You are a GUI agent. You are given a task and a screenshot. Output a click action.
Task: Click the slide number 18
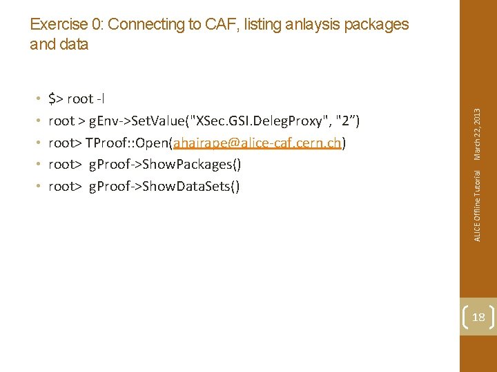pyautogui.click(x=478, y=316)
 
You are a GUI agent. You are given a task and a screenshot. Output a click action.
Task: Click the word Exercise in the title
pyautogui.click(x=59, y=25)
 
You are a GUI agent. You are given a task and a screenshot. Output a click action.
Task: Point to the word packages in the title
pyautogui.click(x=376, y=25)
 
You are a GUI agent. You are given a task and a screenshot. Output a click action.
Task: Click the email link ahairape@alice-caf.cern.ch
pyautogui.click(x=258, y=143)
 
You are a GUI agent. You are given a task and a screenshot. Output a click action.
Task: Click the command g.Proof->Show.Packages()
pyautogui.click(x=165, y=164)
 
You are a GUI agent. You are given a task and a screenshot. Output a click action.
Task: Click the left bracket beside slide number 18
pyautogui.click(x=465, y=316)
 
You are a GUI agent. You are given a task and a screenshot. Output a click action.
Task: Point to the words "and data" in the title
pyautogui.click(x=59, y=44)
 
